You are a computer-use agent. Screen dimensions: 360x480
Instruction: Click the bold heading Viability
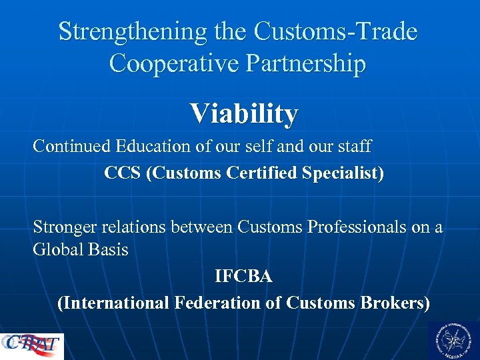pos(243,114)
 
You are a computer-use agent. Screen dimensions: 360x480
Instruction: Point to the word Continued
pos(72,145)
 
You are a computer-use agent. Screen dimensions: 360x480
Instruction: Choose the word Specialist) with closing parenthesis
pos(343,174)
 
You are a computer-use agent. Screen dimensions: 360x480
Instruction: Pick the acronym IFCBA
pos(243,276)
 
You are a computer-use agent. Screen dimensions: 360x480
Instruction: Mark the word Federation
pos(224,303)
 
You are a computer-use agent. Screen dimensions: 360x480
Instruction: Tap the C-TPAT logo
pos(32,345)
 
